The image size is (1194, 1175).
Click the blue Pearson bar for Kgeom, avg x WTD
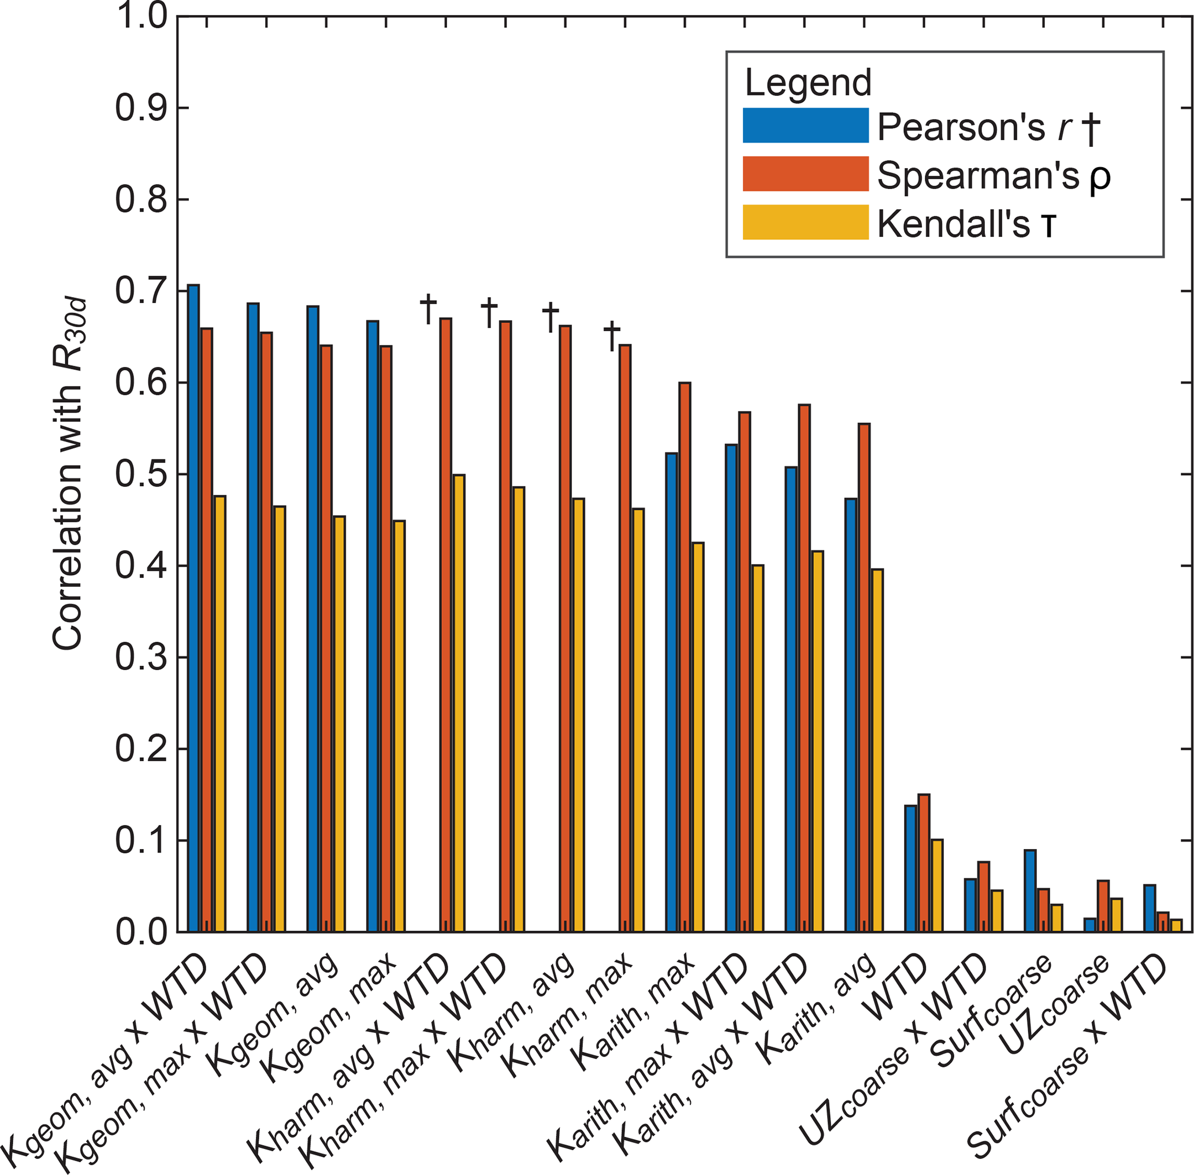pos(194,608)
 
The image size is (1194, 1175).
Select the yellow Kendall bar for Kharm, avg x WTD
pos(459,703)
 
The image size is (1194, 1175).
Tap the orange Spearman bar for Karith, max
pos(685,657)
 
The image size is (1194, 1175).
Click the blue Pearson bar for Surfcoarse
pos(1030,891)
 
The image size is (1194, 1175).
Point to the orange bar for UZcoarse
pos(1103,906)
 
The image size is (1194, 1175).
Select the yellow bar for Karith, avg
pos(876,750)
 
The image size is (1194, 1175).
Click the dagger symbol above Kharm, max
pos(612,336)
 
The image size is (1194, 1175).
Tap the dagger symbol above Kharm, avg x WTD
pos(428,309)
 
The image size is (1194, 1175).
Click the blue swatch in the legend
pos(805,126)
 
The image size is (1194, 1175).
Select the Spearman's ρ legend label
pos(993,175)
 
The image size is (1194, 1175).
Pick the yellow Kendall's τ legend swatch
pos(805,222)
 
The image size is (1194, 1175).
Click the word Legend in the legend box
pos(808,82)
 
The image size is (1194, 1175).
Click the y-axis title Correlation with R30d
pos(68,475)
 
